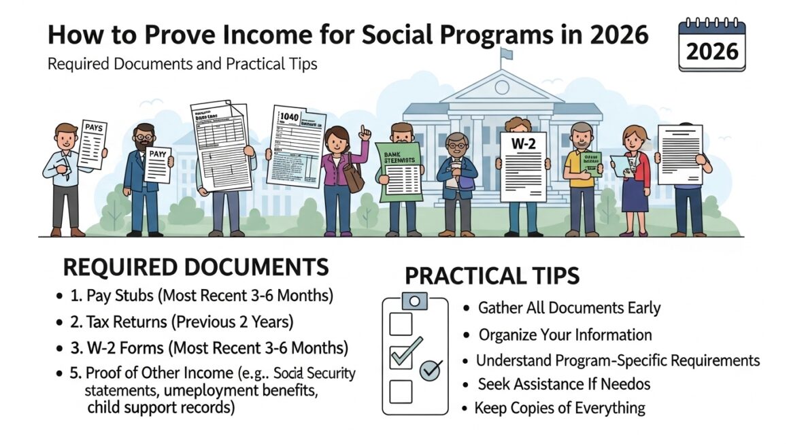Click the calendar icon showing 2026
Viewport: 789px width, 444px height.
711,46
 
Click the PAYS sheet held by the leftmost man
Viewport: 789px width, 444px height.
92,142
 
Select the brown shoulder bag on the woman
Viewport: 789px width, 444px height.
354,178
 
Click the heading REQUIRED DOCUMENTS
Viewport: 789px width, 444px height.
196,267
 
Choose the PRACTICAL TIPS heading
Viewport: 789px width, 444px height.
492,276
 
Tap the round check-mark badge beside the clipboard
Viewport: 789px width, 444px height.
431,371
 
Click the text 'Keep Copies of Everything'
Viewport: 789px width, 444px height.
559,408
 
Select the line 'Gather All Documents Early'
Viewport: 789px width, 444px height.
569,307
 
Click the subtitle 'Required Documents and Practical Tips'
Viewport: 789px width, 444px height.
182,65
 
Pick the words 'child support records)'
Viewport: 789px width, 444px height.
161,408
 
